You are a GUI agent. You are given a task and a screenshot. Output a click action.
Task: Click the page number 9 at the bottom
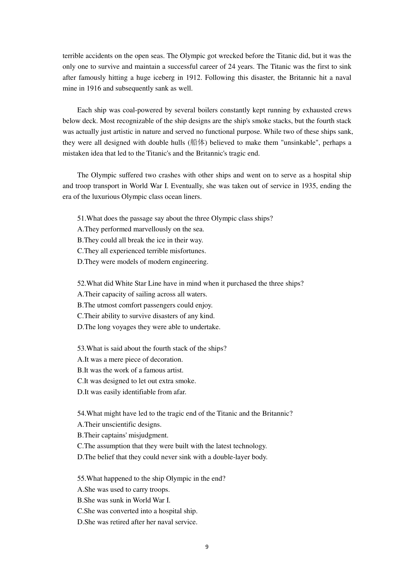(207, 547)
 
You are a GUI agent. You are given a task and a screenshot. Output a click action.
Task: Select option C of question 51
(141, 251)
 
